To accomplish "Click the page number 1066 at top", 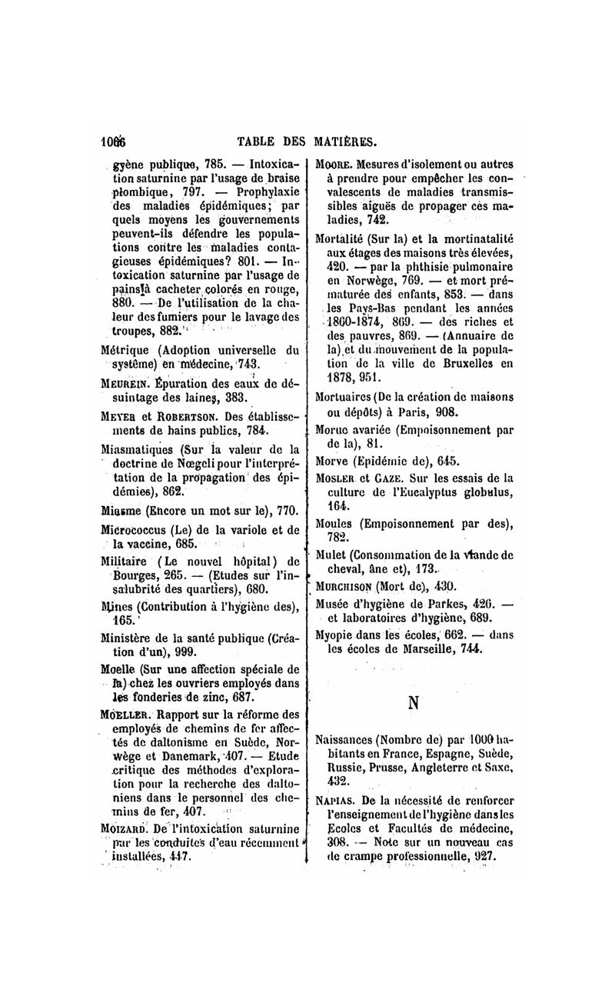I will [x=113, y=141].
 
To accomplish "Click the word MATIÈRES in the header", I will [x=344, y=141].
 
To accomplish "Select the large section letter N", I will [x=414, y=702].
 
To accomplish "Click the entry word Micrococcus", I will [x=133, y=530].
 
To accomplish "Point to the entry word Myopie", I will [x=336, y=635].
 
